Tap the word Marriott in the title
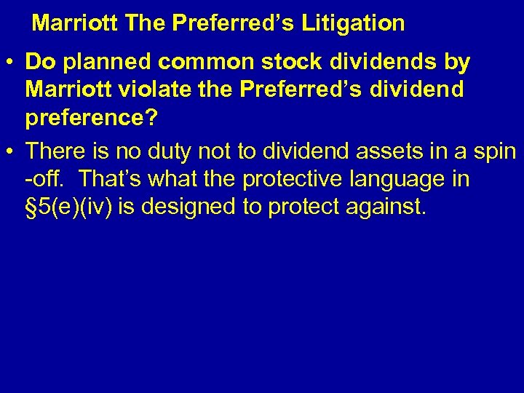pos(75,23)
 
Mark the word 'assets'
pos(382,152)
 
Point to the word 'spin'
pos(495,152)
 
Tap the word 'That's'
pos(109,179)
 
